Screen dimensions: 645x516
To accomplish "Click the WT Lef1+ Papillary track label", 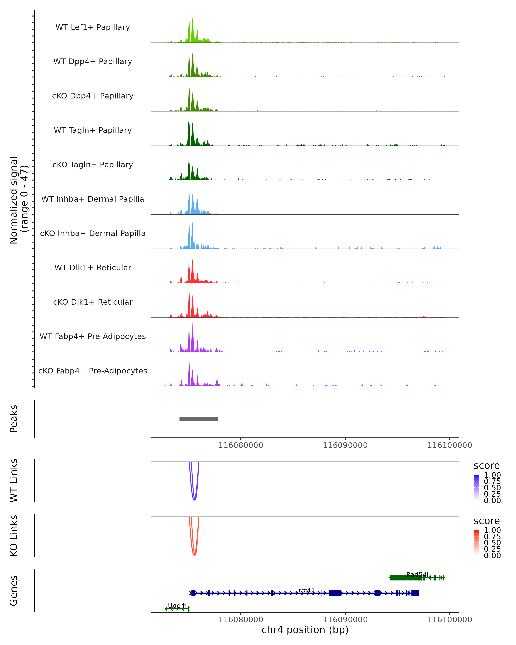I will pyautogui.click(x=93, y=27).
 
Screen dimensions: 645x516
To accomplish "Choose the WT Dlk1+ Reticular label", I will pyautogui.click(x=93, y=267).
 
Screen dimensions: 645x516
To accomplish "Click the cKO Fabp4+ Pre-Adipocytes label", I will pyautogui.click(x=93, y=371).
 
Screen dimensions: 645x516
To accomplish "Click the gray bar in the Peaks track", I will pyautogui.click(x=199, y=419).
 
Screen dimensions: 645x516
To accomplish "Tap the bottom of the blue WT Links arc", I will pyautogui.click(x=194, y=500).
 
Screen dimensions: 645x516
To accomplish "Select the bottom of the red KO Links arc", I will pyautogui.click(x=194, y=555).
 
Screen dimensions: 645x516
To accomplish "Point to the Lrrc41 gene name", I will pyautogui.click(x=305, y=590).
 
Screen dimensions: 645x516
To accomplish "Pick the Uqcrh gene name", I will pyautogui.click(x=177, y=605).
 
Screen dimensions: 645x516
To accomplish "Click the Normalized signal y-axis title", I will pyautogui.click(x=18, y=200).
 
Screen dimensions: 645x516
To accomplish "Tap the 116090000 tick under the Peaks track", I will pyautogui.click(x=345, y=445).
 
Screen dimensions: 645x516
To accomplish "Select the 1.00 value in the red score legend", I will pyautogui.click(x=492, y=530).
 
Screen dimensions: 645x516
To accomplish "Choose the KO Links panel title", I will pyautogui.click(x=14, y=536).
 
